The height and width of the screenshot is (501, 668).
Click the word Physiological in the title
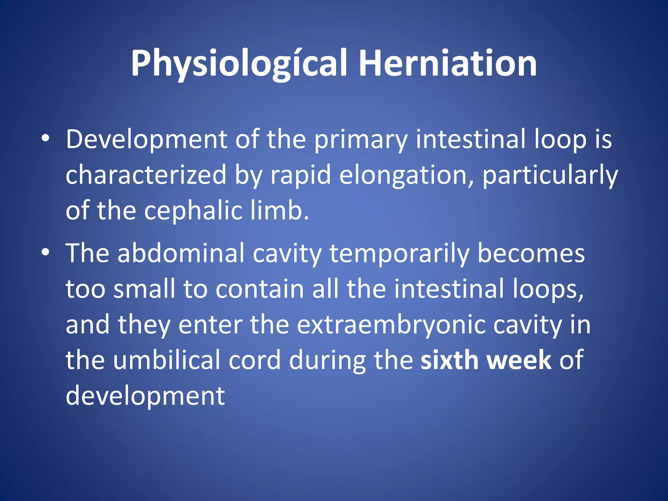[x=238, y=64]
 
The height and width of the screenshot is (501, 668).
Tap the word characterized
[x=146, y=175]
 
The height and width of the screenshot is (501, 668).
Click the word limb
[x=280, y=210]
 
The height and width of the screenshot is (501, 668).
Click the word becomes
[x=531, y=253]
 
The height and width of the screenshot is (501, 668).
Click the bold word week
[x=519, y=360]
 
